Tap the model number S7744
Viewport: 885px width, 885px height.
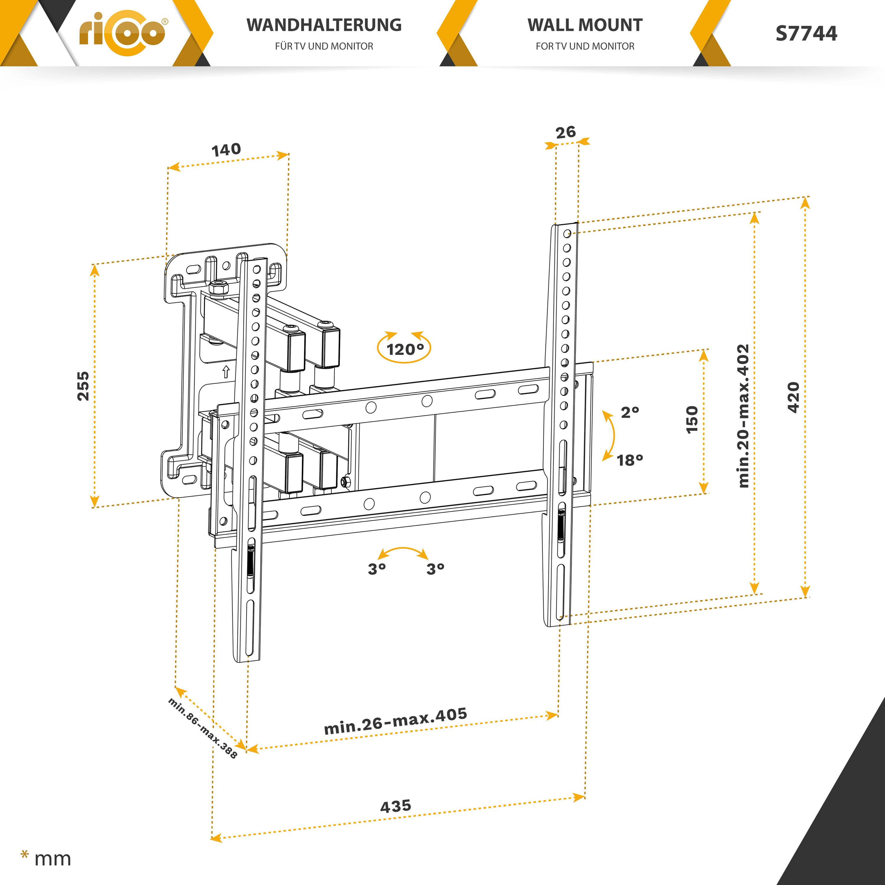806,33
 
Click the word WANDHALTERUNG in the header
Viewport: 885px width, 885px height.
324,25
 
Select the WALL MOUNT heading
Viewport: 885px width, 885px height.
585,25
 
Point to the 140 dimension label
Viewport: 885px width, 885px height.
226,150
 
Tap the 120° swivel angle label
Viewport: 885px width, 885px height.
405,350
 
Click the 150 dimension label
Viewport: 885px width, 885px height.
692,419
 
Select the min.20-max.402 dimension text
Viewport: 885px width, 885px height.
743,416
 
